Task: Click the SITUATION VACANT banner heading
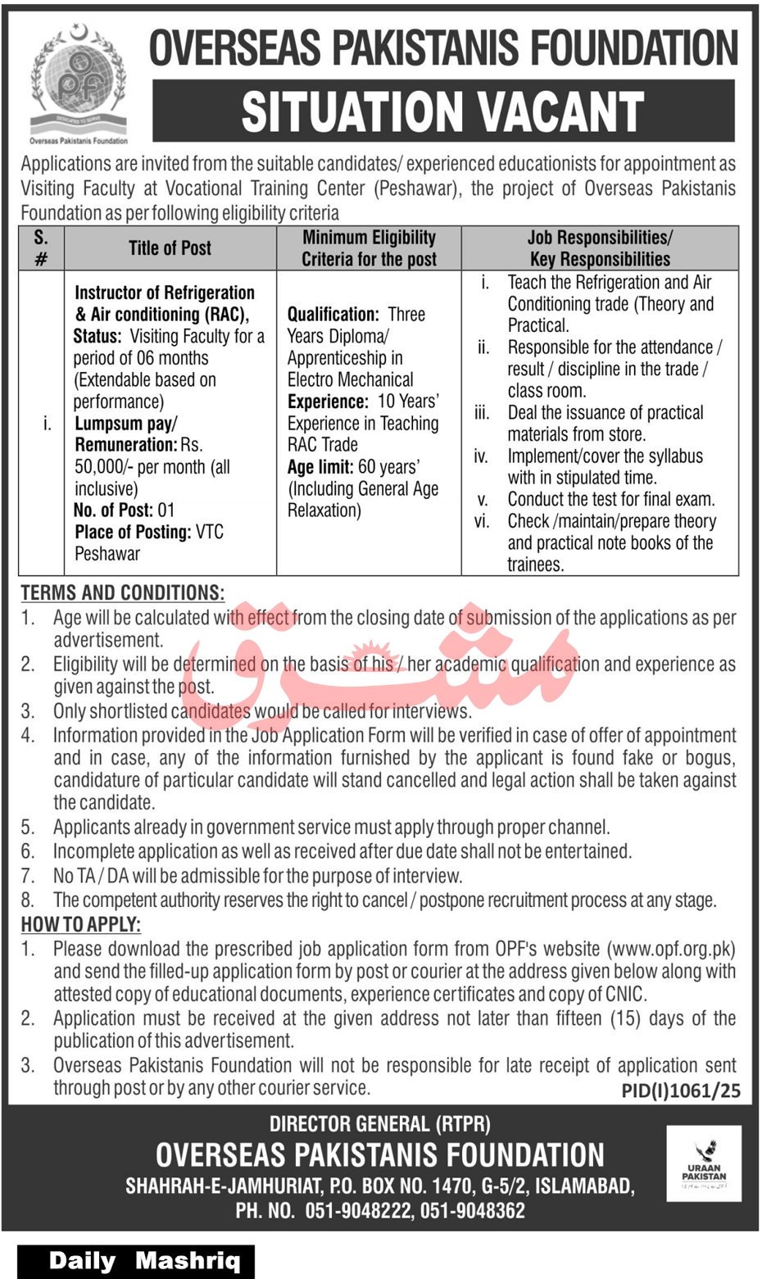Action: [x=442, y=111]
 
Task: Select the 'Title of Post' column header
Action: [x=170, y=248]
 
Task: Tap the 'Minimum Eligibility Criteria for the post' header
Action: [x=369, y=248]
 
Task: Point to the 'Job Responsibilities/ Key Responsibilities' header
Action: [x=600, y=248]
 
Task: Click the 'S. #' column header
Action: [x=41, y=248]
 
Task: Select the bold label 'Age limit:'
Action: [x=320, y=467]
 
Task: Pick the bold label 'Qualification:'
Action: [x=333, y=315]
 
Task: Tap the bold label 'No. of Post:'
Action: [x=112, y=510]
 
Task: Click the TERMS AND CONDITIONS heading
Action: [x=122, y=592]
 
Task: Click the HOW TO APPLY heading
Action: [x=80, y=924]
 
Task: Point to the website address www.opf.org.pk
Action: [x=670, y=950]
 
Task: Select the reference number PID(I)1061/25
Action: [x=680, y=1090]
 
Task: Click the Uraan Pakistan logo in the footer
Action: [x=704, y=1163]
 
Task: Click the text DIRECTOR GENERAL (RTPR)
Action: [x=380, y=1124]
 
